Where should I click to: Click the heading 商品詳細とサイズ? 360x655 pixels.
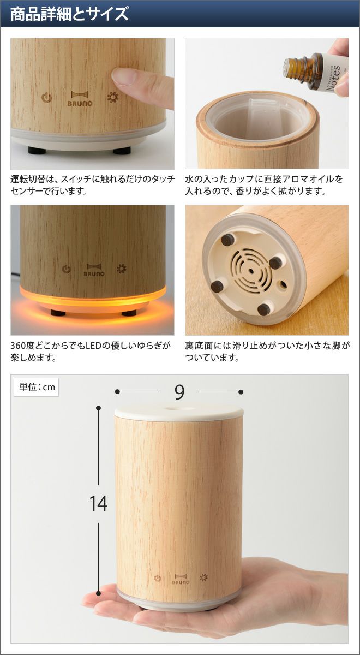pyautogui.click(x=70, y=14)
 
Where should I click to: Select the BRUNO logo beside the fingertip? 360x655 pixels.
pyautogui.click(x=80, y=99)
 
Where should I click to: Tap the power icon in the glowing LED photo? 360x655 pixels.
pyautogui.click(x=67, y=269)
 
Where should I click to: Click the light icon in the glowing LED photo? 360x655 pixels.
pyautogui.click(x=122, y=269)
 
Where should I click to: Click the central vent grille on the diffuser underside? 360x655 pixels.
pyautogui.click(x=251, y=271)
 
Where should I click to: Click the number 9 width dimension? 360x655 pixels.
pyautogui.click(x=179, y=392)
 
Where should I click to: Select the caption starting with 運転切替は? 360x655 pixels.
pyautogui.click(x=92, y=185)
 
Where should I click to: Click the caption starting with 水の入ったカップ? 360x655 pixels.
pyautogui.click(x=264, y=185)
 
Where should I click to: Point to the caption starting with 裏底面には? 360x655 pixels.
pyautogui.click(x=267, y=352)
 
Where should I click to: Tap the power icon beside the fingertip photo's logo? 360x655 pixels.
pyautogui.click(x=46, y=98)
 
